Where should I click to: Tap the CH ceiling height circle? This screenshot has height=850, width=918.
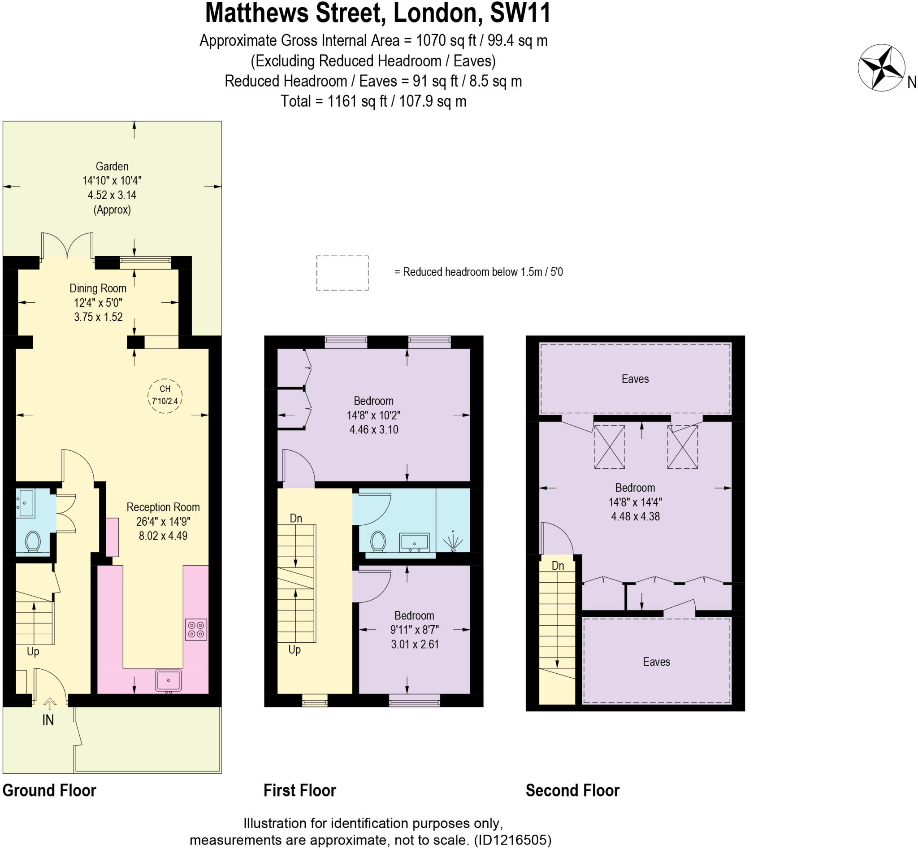(x=165, y=395)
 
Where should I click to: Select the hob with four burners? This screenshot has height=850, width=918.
(x=196, y=630)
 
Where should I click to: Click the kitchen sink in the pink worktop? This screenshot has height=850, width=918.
(x=169, y=680)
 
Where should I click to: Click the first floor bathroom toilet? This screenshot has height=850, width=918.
(x=378, y=541)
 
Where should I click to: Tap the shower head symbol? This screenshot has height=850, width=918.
(x=453, y=541)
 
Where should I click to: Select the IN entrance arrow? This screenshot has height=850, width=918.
(x=50, y=704)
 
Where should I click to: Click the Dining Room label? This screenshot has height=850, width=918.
(x=98, y=288)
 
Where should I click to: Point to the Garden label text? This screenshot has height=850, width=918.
(x=112, y=166)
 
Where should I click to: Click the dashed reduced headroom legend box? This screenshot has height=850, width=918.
(x=342, y=273)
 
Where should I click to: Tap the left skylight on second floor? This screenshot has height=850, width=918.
(x=609, y=447)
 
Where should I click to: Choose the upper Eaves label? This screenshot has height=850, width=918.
(x=635, y=379)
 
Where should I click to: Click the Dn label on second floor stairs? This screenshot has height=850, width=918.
(x=558, y=565)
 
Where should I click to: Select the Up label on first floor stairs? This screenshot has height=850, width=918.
(x=294, y=649)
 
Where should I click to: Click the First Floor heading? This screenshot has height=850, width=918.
(x=300, y=790)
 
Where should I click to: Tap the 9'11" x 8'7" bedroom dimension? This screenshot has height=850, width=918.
(x=415, y=630)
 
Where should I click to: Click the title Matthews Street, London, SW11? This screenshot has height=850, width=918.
(x=378, y=13)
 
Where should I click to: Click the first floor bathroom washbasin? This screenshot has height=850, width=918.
(x=414, y=542)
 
